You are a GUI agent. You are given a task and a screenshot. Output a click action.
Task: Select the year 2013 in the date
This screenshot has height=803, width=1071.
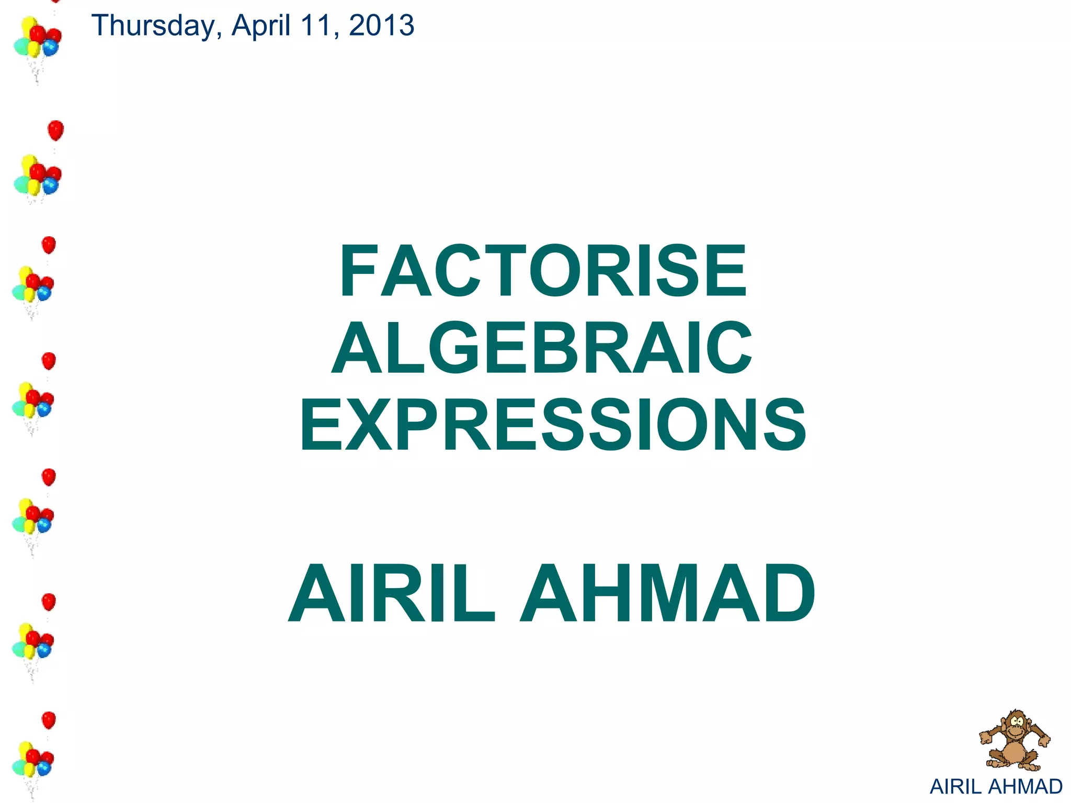(381, 26)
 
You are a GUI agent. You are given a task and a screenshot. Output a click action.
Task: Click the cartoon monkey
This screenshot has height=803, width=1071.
(1015, 740)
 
